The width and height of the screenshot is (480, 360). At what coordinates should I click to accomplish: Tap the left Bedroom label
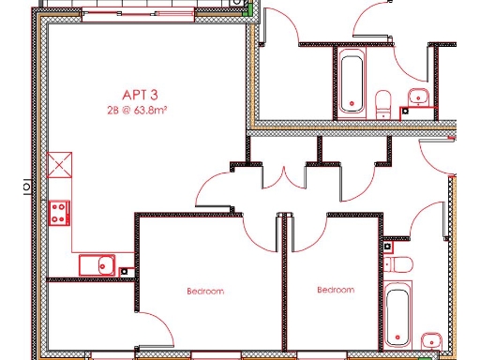pos(205,292)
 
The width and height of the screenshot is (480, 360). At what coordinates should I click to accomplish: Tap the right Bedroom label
pos(336,290)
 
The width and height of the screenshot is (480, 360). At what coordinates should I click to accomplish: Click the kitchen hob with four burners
pos(59,212)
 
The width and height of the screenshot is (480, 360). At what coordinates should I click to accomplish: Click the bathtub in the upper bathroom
pos(352,82)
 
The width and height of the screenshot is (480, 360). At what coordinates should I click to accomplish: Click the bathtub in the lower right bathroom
pos(398,312)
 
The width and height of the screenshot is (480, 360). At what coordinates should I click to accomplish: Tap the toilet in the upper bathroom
pos(383,102)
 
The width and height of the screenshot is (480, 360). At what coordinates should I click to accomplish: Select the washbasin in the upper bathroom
pos(417,96)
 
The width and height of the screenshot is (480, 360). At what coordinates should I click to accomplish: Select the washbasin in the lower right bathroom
pos(431,340)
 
